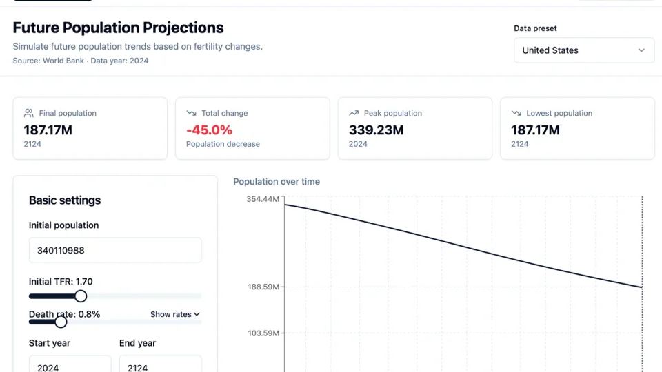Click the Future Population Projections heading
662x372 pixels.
[x=118, y=28]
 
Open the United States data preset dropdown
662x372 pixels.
[x=583, y=50]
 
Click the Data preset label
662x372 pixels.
[x=535, y=28]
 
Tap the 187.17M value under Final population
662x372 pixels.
[x=48, y=130]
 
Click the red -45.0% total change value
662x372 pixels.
[x=209, y=130]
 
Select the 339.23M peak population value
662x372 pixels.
[x=376, y=130]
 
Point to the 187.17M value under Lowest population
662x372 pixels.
[x=535, y=130]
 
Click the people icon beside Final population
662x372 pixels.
[x=29, y=113]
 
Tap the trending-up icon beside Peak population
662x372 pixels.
[x=354, y=113]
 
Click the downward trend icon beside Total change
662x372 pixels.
[x=192, y=113]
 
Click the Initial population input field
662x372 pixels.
[x=115, y=250]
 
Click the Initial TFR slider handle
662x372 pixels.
[x=81, y=296]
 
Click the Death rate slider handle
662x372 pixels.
[x=61, y=322]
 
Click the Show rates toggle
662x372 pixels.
[x=175, y=314]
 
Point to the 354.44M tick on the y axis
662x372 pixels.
[x=263, y=199]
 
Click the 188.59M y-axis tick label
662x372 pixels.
[x=263, y=287]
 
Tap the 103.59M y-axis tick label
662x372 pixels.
[x=263, y=333]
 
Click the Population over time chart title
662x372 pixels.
[x=277, y=182]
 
